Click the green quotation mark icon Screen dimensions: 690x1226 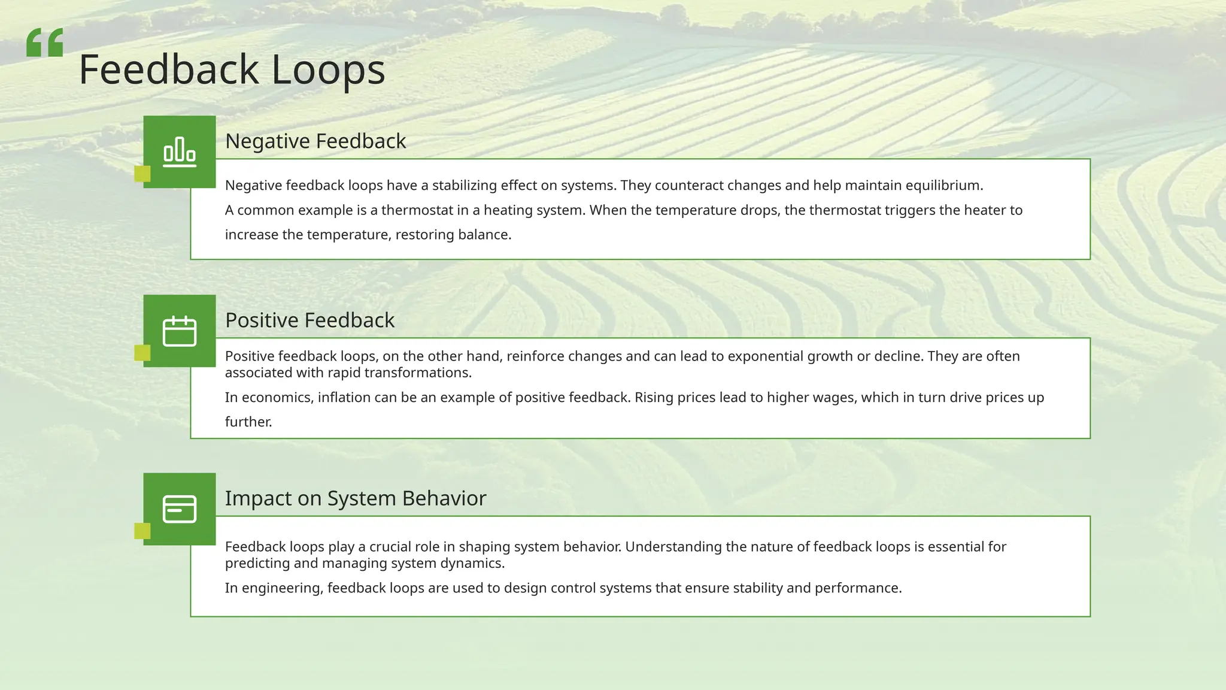tap(45, 43)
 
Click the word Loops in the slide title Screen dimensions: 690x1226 tap(328, 70)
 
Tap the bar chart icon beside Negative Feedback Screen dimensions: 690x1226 tap(180, 152)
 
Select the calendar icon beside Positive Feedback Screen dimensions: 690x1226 tap(180, 331)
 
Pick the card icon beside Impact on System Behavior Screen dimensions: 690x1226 tap(180, 509)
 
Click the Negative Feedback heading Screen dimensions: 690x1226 tap(315, 141)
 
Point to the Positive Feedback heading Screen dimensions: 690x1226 tap(309, 320)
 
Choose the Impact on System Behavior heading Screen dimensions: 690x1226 tap(356, 498)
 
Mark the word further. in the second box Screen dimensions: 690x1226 tap(248, 422)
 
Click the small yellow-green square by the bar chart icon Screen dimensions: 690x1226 tap(142, 174)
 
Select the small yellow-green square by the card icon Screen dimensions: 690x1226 tap(142, 531)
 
